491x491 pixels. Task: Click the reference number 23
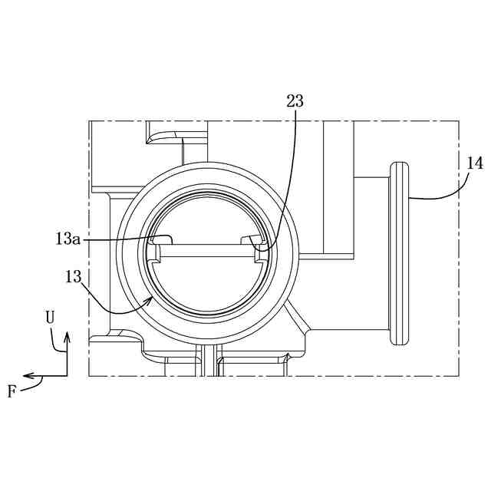(x=295, y=101)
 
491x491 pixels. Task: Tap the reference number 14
(x=475, y=163)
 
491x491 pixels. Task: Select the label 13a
(x=68, y=239)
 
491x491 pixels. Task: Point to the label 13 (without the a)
(x=74, y=276)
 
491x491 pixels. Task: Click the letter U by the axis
(x=50, y=318)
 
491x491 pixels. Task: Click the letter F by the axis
(x=12, y=391)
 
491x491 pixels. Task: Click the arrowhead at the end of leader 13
(x=150, y=301)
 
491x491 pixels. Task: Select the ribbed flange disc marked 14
(x=399, y=253)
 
